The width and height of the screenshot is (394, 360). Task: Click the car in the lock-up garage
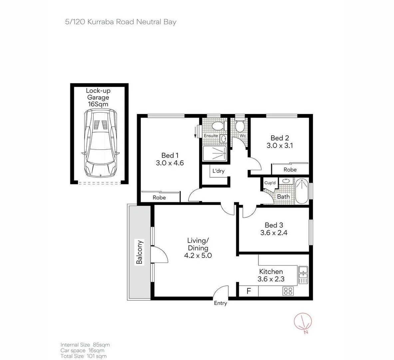click(x=100, y=143)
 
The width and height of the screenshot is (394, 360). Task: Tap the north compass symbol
click(x=303, y=323)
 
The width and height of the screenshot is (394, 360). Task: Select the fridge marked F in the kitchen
click(x=249, y=291)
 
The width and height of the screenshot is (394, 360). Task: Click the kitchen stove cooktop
click(x=288, y=291)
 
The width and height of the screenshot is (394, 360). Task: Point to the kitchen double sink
click(x=303, y=275)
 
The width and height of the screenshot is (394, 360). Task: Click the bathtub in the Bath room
click(x=302, y=191)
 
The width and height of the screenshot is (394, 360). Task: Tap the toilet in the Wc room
click(x=239, y=126)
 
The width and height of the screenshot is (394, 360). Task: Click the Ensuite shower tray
click(x=215, y=154)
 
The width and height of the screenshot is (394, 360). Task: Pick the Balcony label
click(x=140, y=252)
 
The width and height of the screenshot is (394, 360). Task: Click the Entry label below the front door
click(x=220, y=303)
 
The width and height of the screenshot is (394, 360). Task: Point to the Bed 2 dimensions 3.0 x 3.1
click(x=279, y=146)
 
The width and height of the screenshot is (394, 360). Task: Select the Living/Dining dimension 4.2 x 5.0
click(x=198, y=256)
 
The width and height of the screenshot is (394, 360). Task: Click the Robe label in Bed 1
click(x=159, y=197)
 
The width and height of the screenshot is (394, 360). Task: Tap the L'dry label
click(x=218, y=171)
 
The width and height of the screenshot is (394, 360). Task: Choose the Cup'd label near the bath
click(x=270, y=183)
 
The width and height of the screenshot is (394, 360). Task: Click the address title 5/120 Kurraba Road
click(x=121, y=22)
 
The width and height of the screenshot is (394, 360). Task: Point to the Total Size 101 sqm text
click(x=84, y=356)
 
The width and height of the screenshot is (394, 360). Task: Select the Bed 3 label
click(x=274, y=225)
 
